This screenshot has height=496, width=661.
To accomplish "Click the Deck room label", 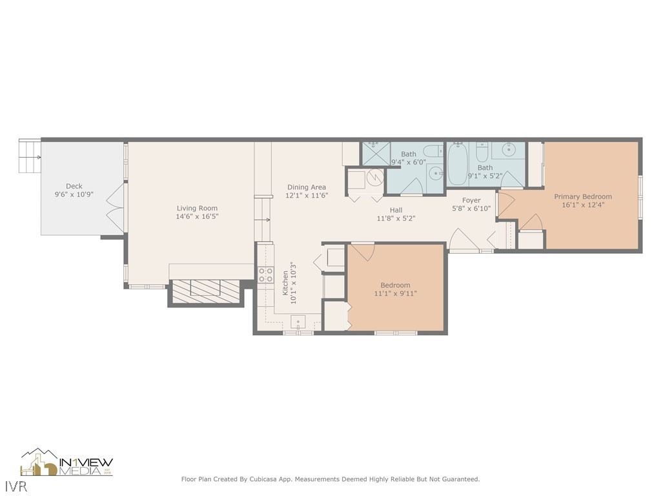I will pyautogui.click(x=74, y=187).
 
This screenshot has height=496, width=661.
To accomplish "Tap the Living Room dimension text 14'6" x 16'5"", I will pyautogui.click(x=198, y=217).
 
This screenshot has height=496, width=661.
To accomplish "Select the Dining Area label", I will pyautogui.click(x=307, y=187).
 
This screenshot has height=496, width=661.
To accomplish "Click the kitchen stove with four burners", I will pyautogui.click(x=265, y=274).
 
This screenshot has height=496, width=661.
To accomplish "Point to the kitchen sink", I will pyautogui.click(x=298, y=322).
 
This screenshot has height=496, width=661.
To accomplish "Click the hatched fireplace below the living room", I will pyautogui.click(x=205, y=288).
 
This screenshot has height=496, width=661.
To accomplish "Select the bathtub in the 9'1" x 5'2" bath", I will pyautogui.click(x=460, y=164).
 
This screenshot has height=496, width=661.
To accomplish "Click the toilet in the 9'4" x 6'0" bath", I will pyautogui.click(x=431, y=152).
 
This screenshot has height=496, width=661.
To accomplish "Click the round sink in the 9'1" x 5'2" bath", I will pyautogui.click(x=510, y=150).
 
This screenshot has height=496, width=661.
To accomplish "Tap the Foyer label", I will pyautogui.click(x=471, y=200).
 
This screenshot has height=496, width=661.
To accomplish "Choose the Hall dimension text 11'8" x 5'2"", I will pyautogui.click(x=396, y=218).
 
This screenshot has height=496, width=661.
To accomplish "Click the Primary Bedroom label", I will pyautogui.click(x=583, y=196).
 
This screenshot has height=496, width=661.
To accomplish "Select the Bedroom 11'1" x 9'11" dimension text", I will pyautogui.click(x=395, y=294).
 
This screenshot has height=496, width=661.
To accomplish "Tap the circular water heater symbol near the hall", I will pyautogui.click(x=375, y=176).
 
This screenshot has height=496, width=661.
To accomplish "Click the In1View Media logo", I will pyautogui.click(x=67, y=462).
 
